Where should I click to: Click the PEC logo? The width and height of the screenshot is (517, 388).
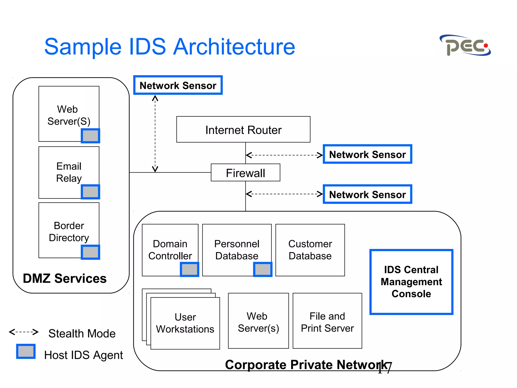coord(465,46)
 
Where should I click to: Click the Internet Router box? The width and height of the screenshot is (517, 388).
coord(243,130)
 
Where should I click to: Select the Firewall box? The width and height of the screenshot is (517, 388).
coord(245,173)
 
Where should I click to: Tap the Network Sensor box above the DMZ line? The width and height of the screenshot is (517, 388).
coord(178,85)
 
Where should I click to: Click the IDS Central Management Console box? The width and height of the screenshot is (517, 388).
coord(411,282)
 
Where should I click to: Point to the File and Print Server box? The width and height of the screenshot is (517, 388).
coord(327,321)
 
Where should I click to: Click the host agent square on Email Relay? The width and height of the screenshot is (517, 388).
coord(90,192)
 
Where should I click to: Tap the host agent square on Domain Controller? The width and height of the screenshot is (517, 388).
coord(189,269)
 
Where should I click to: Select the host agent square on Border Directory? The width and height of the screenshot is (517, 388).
coord(90,252)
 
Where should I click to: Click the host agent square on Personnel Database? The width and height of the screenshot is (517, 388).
coord(263,269)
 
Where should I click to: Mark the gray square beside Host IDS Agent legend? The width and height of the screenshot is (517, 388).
coord(26,351)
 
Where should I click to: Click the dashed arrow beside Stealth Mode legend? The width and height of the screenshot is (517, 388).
coord(23,332)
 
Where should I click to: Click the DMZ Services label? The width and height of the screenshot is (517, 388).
coord(65,278)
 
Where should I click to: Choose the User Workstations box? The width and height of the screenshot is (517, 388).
coord(185,323)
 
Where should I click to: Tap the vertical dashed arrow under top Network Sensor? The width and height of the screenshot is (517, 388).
coord(155,133)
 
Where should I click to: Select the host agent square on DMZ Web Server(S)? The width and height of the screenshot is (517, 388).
coord(90,136)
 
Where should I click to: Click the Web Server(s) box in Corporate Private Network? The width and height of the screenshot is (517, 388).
coord(258,321)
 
